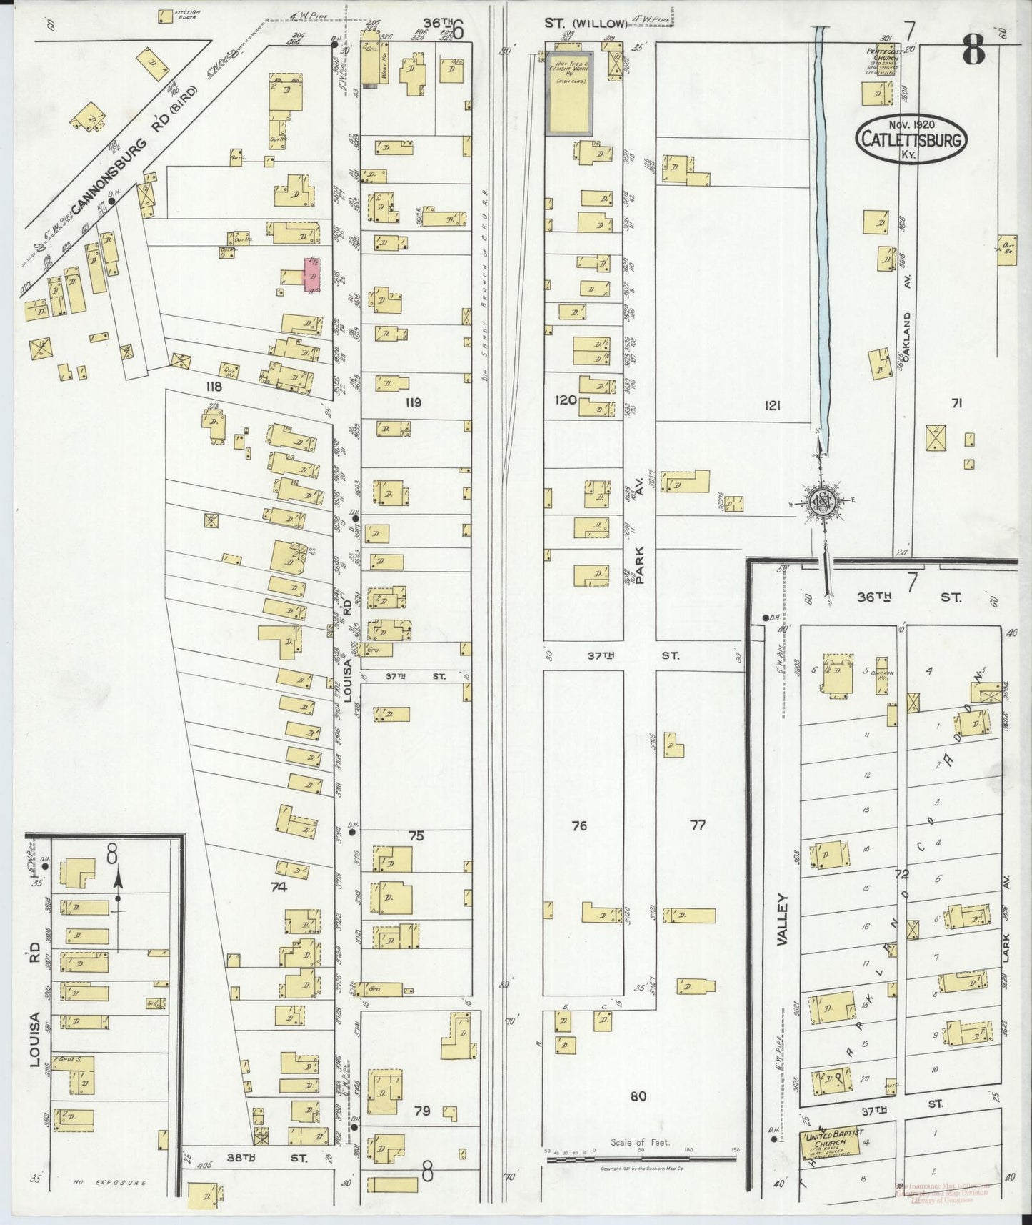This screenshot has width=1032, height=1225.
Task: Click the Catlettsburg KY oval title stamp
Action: [909, 139]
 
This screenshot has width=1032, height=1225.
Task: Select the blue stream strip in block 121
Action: [821, 236]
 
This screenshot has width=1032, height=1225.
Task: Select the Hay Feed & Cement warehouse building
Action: [569, 93]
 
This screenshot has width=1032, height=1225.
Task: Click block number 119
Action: [413, 402]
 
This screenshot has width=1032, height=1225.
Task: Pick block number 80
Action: [638, 1096]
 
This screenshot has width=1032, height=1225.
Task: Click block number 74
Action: [279, 886]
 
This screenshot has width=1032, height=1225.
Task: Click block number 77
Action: [698, 825]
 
